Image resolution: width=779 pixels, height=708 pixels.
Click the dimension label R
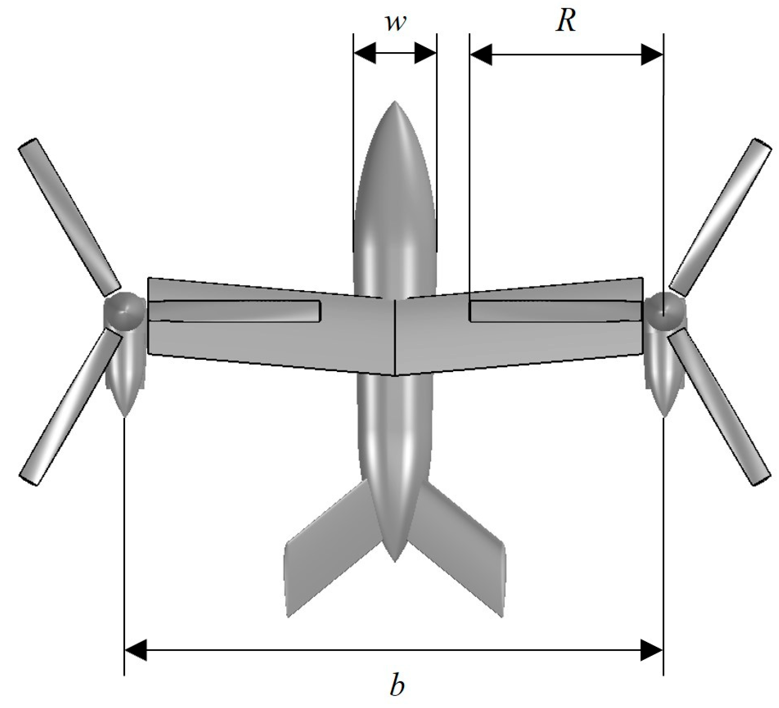pos(566,21)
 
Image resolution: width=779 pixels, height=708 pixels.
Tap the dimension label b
pos(396,686)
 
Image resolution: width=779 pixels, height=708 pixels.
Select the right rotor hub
pos(664,310)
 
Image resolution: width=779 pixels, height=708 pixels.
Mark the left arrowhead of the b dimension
pos(135,650)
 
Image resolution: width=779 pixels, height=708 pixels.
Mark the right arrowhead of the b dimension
pos(652,650)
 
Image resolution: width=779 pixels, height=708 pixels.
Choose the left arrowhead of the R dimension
pos(480,54)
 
